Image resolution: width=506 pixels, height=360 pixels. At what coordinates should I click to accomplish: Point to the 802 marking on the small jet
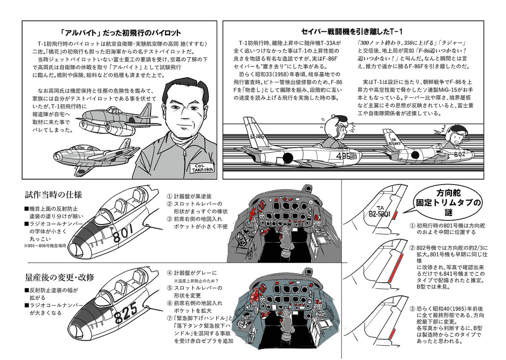pos(459,154)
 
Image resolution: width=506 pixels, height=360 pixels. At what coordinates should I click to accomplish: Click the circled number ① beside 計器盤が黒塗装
pos(170,196)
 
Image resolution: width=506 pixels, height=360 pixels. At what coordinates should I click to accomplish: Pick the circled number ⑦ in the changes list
pos(170,317)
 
